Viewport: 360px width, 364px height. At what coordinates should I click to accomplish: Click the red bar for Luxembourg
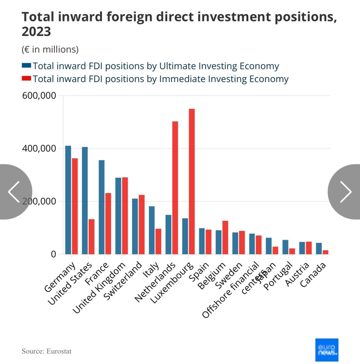tap(192, 181)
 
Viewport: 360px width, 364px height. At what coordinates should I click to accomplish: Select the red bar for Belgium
tap(225, 237)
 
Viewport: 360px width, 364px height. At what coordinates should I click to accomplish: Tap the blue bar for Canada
tap(319, 248)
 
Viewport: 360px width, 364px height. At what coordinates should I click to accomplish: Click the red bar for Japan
tap(275, 250)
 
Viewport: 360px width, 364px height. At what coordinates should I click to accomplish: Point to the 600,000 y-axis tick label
tap(39, 96)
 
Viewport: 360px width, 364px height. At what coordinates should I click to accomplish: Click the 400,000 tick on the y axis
tap(39, 149)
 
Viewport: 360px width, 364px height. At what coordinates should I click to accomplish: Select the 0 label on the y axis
tap(53, 254)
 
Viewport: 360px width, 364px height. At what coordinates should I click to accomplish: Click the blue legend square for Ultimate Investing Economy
tap(27, 66)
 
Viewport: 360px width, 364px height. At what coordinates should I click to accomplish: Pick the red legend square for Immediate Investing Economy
tap(27, 79)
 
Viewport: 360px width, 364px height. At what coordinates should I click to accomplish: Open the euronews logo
tap(327, 350)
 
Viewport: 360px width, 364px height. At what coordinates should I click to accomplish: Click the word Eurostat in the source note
tap(59, 351)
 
